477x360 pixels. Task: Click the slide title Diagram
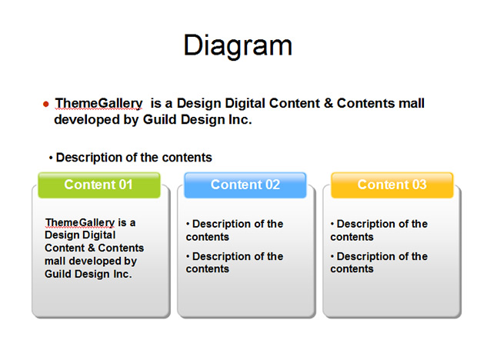coord(238,45)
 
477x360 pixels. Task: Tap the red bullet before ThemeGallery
coord(46,105)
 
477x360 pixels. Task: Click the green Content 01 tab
coord(99,185)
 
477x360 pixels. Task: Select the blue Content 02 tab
coord(245,185)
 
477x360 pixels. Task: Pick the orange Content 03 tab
coord(392,185)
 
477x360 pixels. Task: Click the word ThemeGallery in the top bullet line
coord(98,104)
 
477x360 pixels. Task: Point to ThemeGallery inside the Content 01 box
coord(80,223)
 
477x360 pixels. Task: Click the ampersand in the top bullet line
coord(329,103)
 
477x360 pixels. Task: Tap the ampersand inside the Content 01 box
coord(92,248)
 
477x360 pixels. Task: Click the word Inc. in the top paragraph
coord(240,119)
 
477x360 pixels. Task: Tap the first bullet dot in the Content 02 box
coord(188,224)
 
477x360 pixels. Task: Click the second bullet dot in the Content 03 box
coord(332,256)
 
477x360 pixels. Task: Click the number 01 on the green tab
coord(125,185)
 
